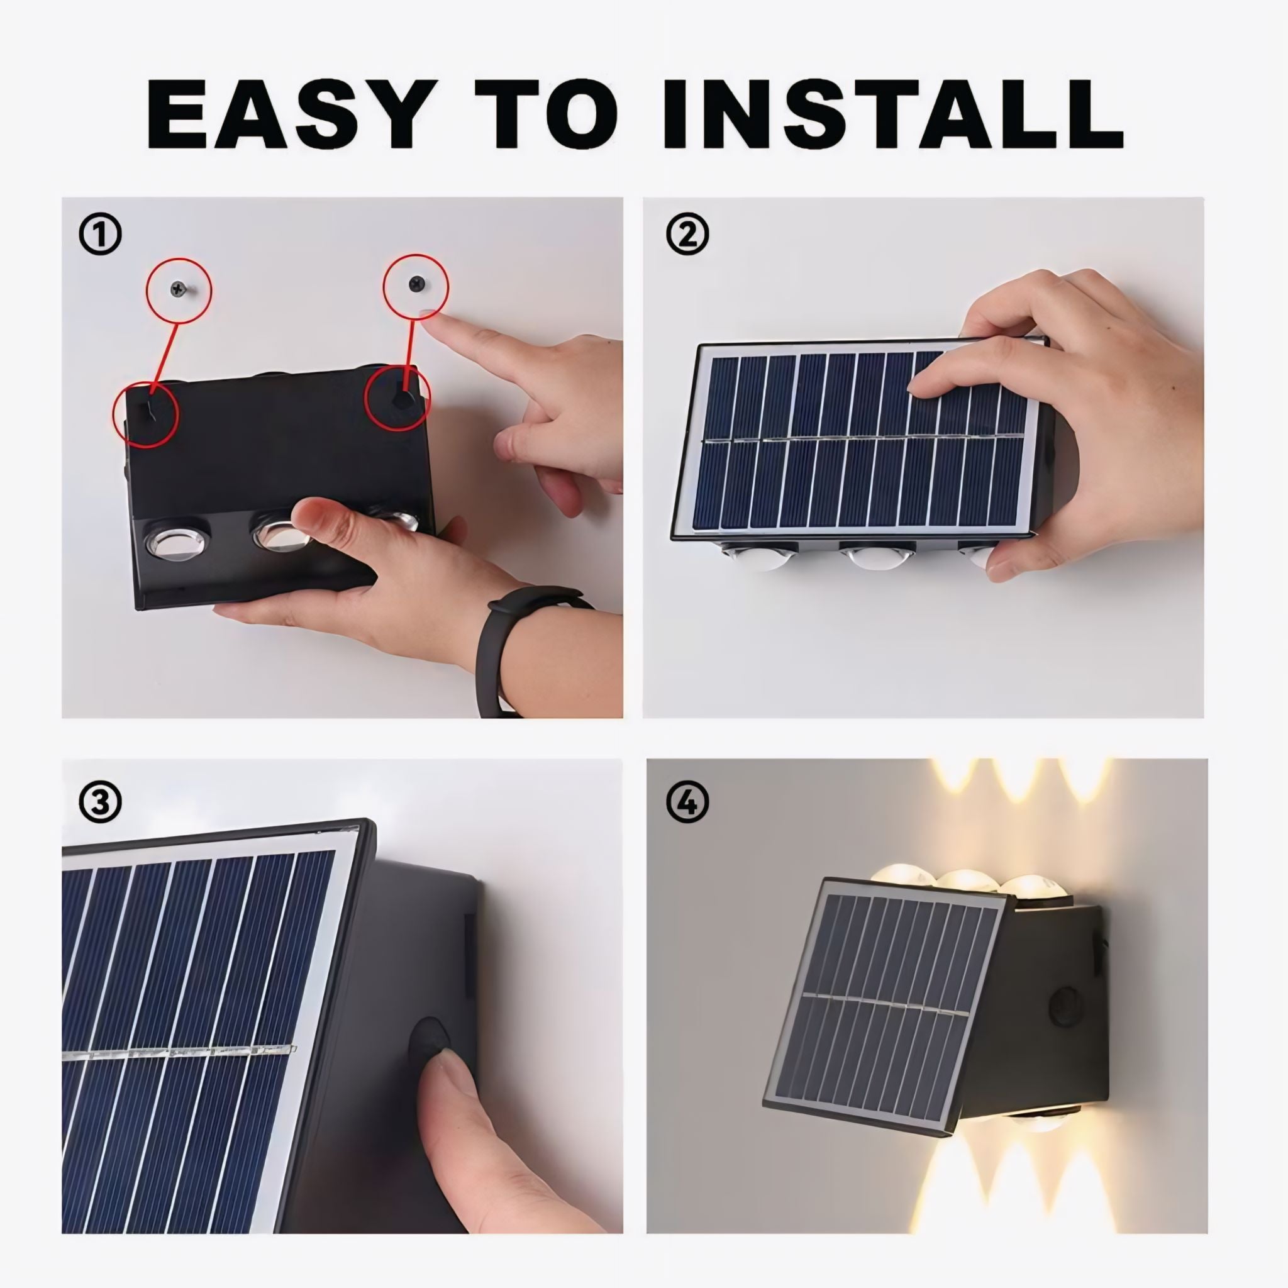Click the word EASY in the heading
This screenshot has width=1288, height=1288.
[x=287, y=114]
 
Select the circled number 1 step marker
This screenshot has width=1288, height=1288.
[x=101, y=234]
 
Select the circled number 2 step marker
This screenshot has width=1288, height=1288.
[x=687, y=233]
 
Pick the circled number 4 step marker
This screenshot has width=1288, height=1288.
[x=687, y=802]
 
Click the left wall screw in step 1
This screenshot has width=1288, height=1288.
[x=179, y=289]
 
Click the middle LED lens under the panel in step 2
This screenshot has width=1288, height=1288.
[x=875, y=555]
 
